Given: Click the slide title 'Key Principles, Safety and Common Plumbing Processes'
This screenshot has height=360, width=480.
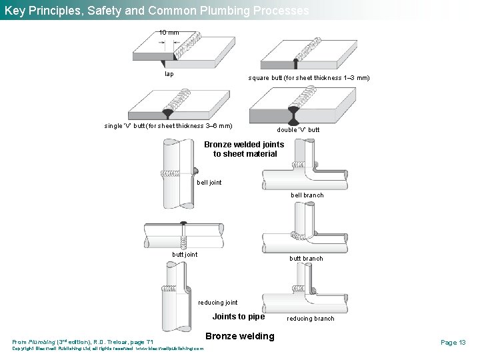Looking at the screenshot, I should tap(157, 11).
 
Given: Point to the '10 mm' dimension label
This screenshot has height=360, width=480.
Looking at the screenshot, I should tap(169, 33).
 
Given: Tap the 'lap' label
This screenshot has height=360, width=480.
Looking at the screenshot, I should tap(169, 74).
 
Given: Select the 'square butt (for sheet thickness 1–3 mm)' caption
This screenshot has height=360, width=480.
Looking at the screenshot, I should tap(309, 78).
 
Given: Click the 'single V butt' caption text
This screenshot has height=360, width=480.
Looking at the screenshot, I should tap(168, 125).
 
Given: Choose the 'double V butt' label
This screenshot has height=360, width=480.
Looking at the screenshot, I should tap(298, 129).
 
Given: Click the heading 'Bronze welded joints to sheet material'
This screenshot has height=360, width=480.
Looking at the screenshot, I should tap(244, 149).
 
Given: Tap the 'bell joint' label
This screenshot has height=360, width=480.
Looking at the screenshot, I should tap(209, 182).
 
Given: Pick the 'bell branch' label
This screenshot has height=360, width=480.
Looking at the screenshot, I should tap(307, 195).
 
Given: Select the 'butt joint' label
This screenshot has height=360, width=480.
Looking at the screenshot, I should tap(185, 254).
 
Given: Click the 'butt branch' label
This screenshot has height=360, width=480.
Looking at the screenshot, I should tap(305, 259).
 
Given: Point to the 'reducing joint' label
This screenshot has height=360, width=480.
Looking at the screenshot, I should tap(217, 303).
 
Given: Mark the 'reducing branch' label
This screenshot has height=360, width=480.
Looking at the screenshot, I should tap(310, 319).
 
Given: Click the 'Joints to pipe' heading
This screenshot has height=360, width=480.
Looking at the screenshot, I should tap(238, 316).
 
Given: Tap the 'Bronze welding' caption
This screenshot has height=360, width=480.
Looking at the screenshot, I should tap(240, 336).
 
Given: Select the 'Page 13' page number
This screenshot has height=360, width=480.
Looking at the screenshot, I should tap(453, 342).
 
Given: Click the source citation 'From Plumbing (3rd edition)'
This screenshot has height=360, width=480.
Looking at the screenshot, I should tap(83, 342).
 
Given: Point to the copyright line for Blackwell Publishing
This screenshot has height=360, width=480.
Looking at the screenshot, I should tap(108, 349).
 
